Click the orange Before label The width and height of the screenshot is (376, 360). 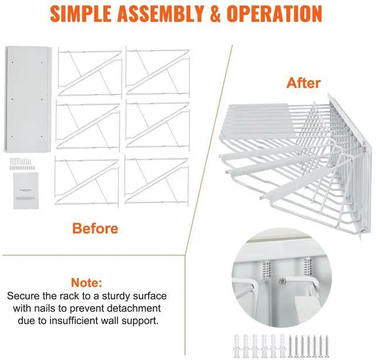coord(95,228)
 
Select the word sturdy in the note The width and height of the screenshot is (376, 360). coord(136,296)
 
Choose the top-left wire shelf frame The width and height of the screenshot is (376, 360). coord(89,73)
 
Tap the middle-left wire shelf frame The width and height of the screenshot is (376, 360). coord(89,126)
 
